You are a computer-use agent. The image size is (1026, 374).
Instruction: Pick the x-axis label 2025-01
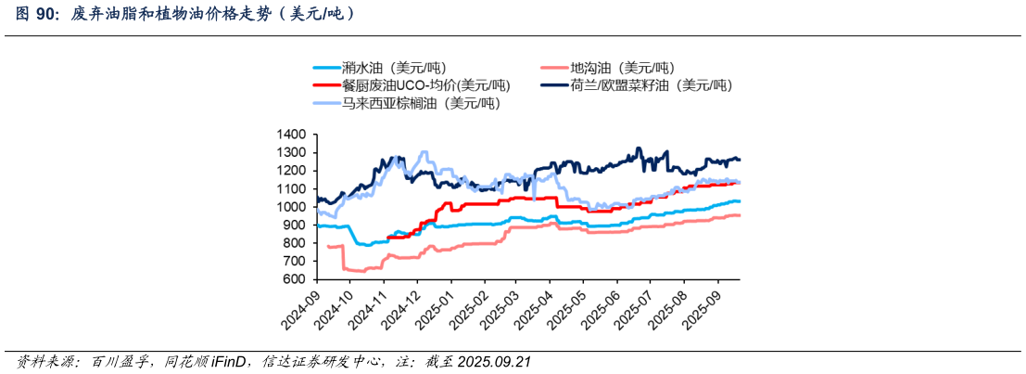point(433,309)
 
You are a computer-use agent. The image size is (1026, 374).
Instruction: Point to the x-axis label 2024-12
point(399,309)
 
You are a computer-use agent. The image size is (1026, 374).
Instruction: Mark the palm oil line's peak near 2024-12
point(424,152)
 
